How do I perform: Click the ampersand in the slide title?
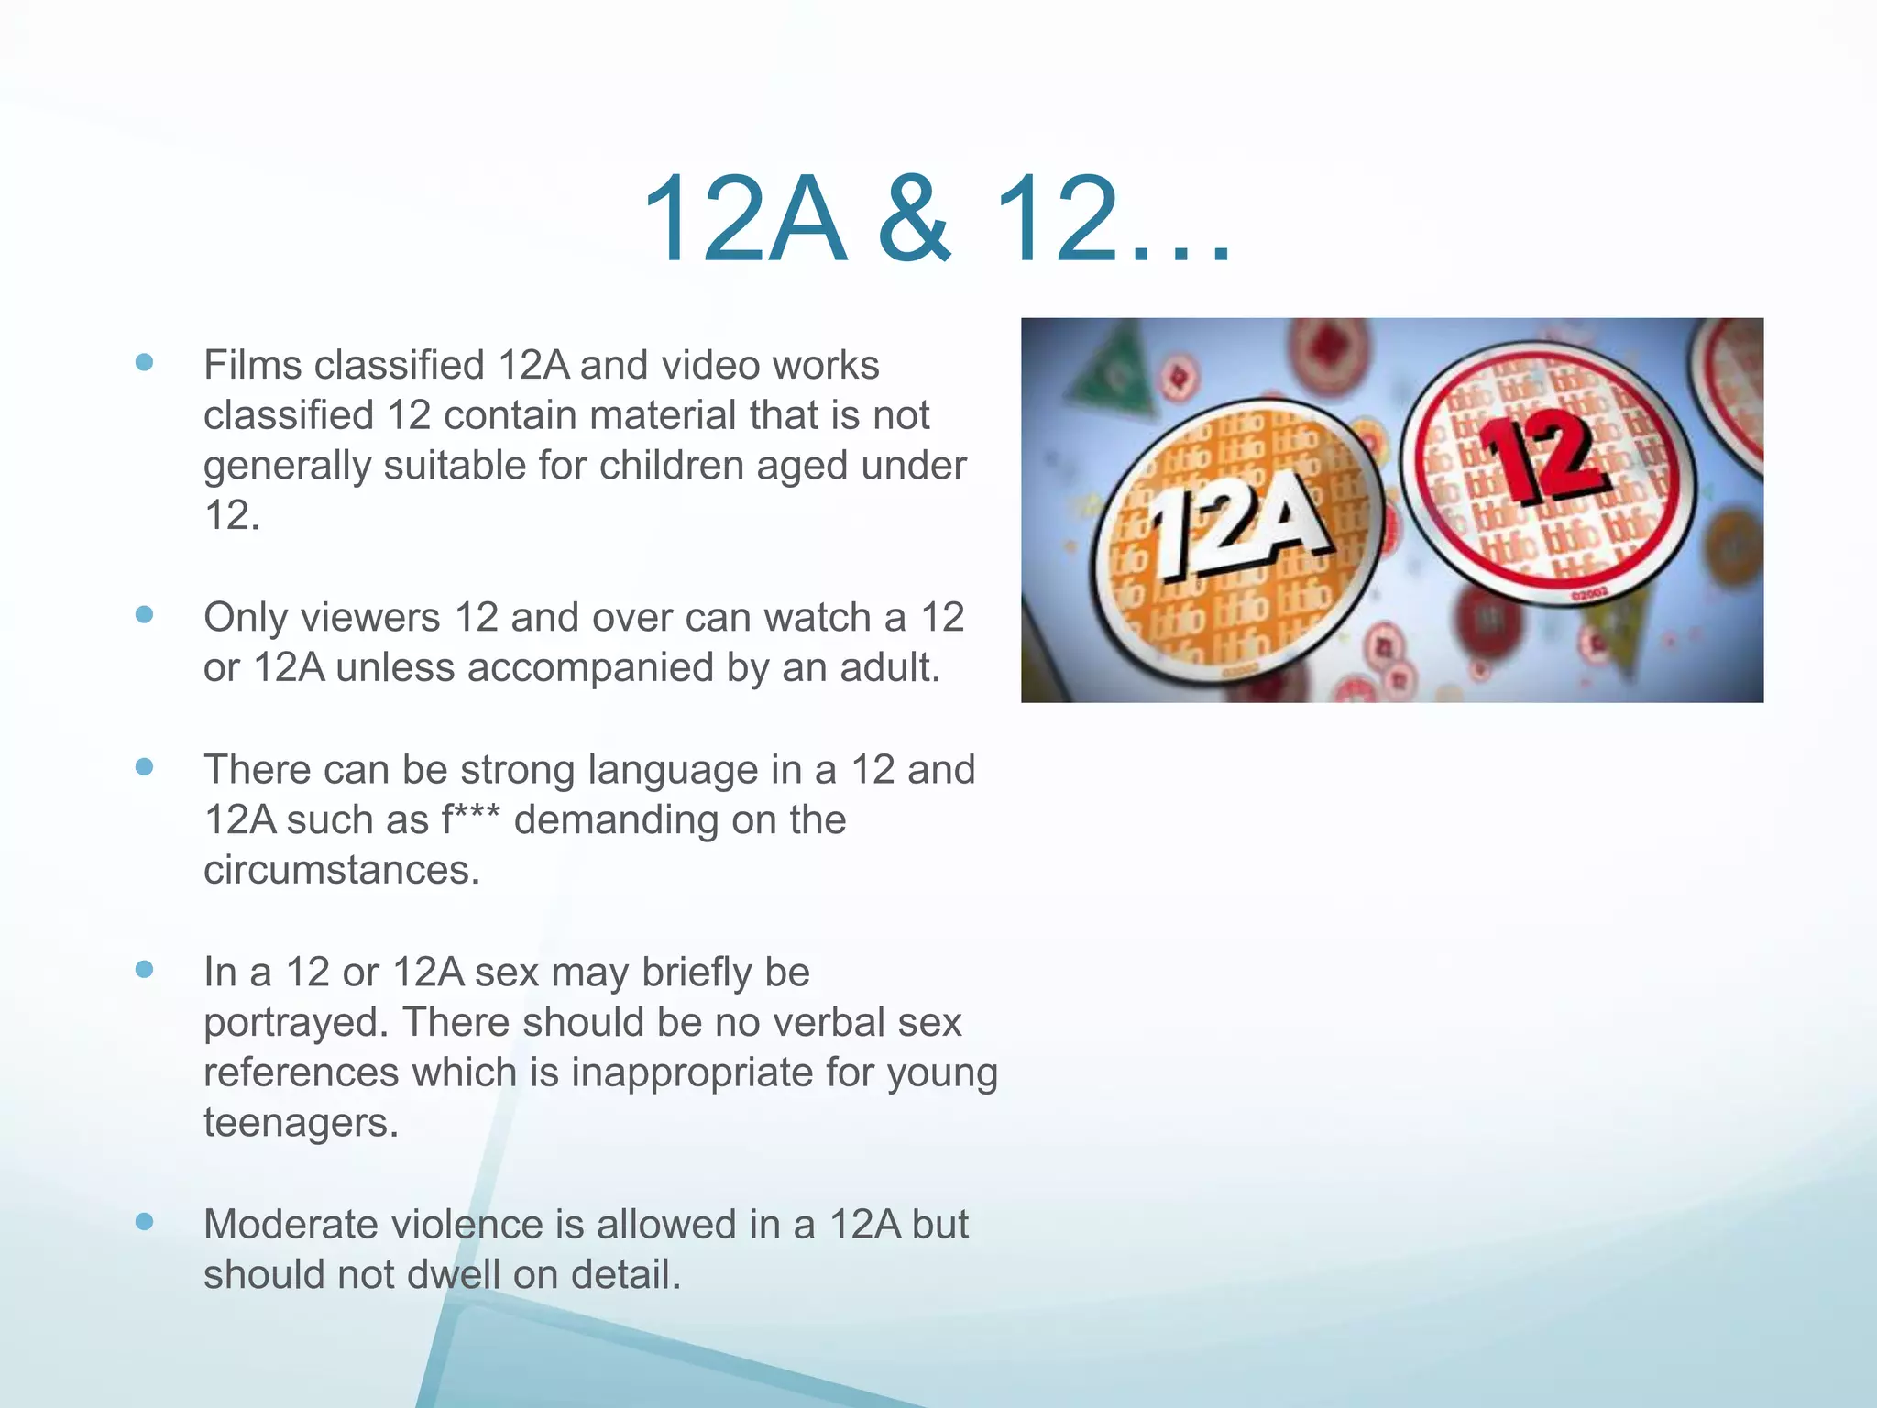click(916, 221)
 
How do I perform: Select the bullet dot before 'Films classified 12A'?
click(144, 362)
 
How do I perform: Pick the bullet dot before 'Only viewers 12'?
click(144, 614)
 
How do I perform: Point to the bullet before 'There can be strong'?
click(144, 766)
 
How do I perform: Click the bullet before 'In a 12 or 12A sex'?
click(144, 969)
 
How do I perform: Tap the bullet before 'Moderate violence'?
click(144, 1221)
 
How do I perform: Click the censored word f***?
click(471, 819)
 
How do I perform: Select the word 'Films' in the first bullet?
click(252, 365)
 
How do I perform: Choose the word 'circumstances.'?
click(342, 870)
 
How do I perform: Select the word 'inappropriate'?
click(692, 1072)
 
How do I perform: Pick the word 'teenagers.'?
click(301, 1123)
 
